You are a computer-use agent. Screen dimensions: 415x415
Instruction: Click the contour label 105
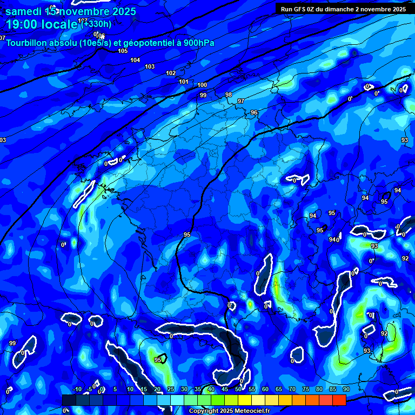pos(123,51)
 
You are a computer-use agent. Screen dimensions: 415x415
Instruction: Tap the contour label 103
pos(150,66)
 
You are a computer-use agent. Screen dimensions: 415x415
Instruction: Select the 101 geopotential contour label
pos(184,82)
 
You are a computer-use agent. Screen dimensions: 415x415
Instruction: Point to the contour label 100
pos(202,85)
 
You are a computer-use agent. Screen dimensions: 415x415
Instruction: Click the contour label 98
pos(229,95)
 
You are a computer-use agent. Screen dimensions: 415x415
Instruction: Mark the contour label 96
pos(254,112)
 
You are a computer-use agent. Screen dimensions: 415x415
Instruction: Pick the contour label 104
pos(135,60)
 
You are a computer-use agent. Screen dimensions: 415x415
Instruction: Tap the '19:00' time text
pos(23,24)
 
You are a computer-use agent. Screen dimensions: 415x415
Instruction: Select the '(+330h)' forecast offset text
pos(96,23)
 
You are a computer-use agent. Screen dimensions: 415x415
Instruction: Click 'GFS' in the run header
pos(300,9)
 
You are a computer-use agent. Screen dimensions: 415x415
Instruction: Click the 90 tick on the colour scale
pos(346,390)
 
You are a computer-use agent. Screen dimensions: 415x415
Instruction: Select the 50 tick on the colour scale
pos(238,390)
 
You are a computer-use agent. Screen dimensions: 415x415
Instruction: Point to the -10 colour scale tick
pos(77,390)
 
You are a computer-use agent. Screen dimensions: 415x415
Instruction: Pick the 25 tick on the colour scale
pos(171,390)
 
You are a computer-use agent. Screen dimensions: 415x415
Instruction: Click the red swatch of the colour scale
pos(339,400)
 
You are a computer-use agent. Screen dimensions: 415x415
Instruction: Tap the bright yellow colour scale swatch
pos(244,400)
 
